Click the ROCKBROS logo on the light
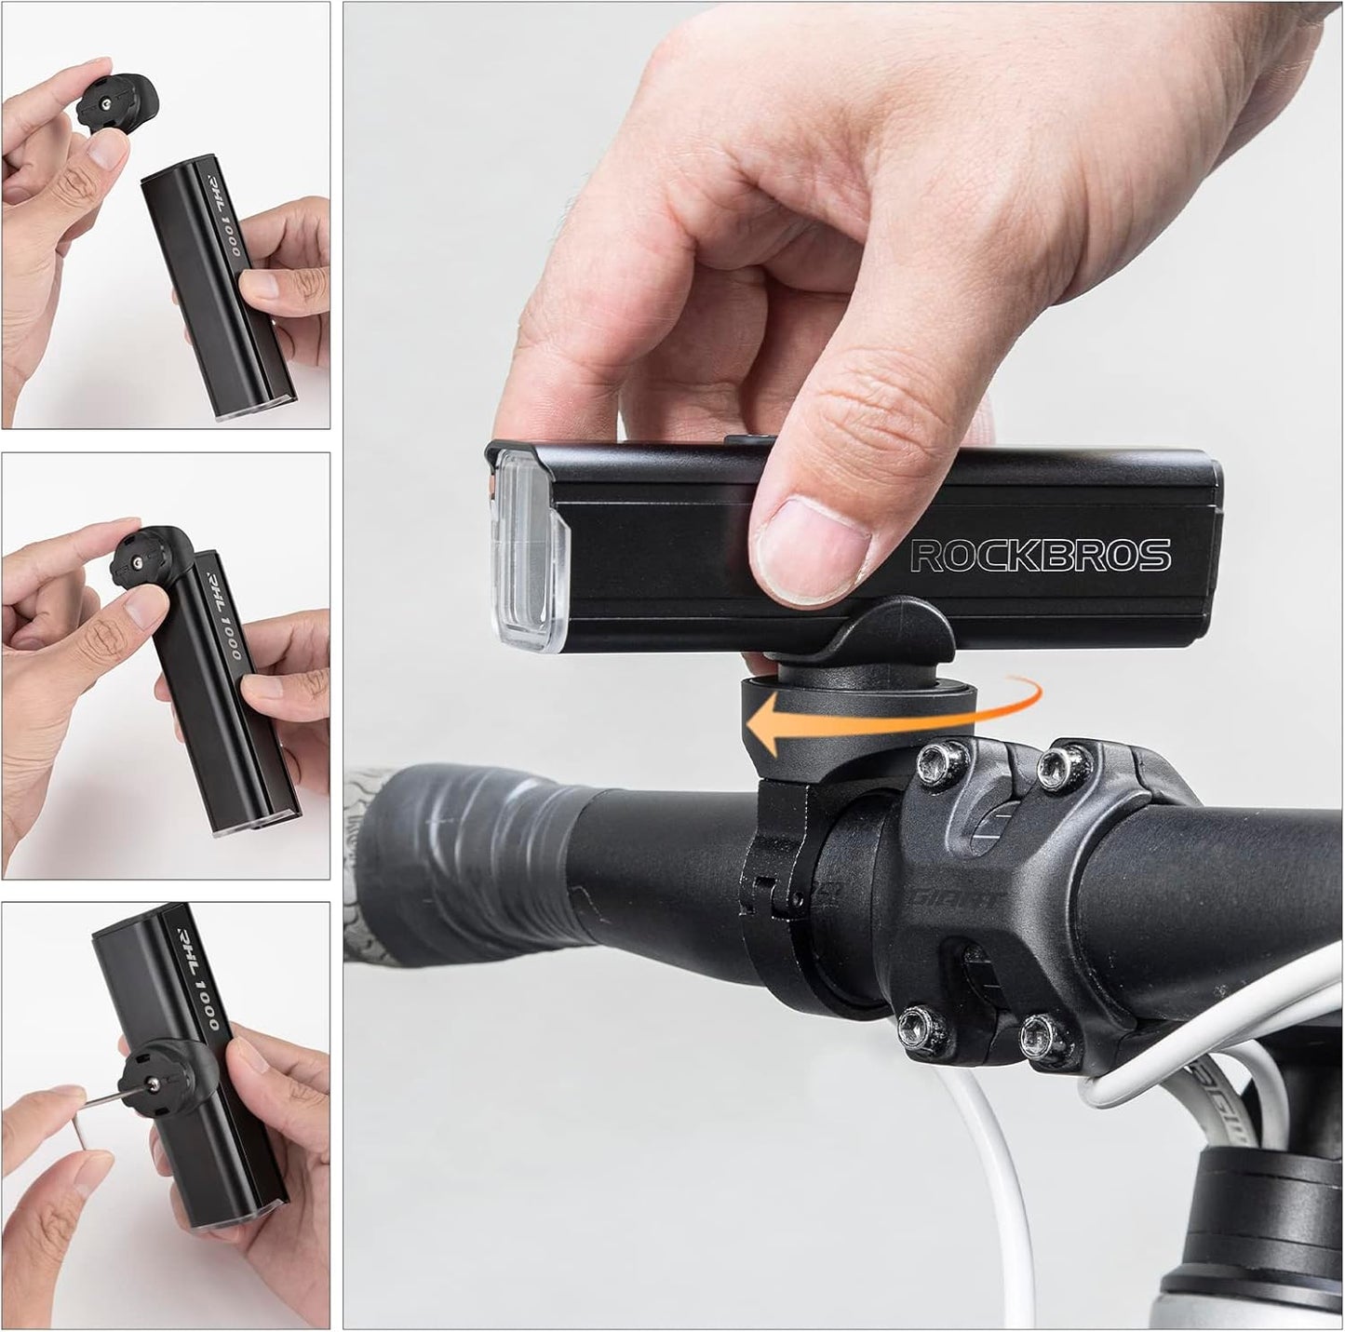tap(1040, 555)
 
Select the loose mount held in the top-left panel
tap(117, 103)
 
